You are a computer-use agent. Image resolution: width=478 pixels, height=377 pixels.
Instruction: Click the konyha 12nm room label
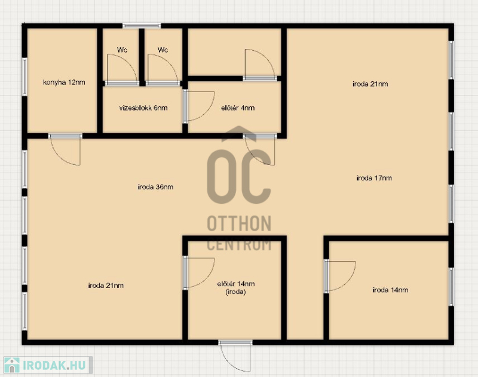click(64, 82)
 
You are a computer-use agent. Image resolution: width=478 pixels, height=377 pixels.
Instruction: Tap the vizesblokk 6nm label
click(143, 108)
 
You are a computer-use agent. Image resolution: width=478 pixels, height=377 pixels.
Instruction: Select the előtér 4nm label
click(238, 108)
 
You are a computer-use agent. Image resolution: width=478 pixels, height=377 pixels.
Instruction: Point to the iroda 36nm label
click(155, 187)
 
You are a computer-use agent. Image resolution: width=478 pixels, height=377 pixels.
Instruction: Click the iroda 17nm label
click(374, 177)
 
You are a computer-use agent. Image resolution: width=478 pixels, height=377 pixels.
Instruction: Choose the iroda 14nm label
click(390, 290)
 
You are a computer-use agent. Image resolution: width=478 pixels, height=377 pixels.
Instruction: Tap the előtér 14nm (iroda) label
click(236, 288)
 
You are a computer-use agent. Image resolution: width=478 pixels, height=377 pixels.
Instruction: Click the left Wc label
click(122, 50)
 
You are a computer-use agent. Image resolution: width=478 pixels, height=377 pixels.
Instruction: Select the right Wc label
click(163, 50)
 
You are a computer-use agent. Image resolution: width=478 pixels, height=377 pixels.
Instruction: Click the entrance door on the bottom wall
click(235, 356)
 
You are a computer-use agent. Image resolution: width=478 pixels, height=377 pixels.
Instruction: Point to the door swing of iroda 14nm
click(340, 276)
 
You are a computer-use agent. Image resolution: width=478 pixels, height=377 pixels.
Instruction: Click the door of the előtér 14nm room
click(199, 273)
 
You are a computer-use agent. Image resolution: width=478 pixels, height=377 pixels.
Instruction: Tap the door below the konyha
click(65, 149)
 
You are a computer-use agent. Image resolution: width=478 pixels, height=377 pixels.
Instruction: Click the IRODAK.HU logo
click(48, 365)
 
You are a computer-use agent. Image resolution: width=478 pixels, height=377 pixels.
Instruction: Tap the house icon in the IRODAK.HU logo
click(12, 365)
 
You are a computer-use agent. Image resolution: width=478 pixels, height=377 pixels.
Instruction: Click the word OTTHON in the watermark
click(239, 223)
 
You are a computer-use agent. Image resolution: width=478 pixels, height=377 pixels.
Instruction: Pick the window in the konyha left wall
click(24, 77)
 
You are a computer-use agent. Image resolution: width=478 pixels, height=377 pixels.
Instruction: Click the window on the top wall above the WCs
click(142, 26)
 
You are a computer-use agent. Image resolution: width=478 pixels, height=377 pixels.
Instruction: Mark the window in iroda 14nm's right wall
click(451, 287)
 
